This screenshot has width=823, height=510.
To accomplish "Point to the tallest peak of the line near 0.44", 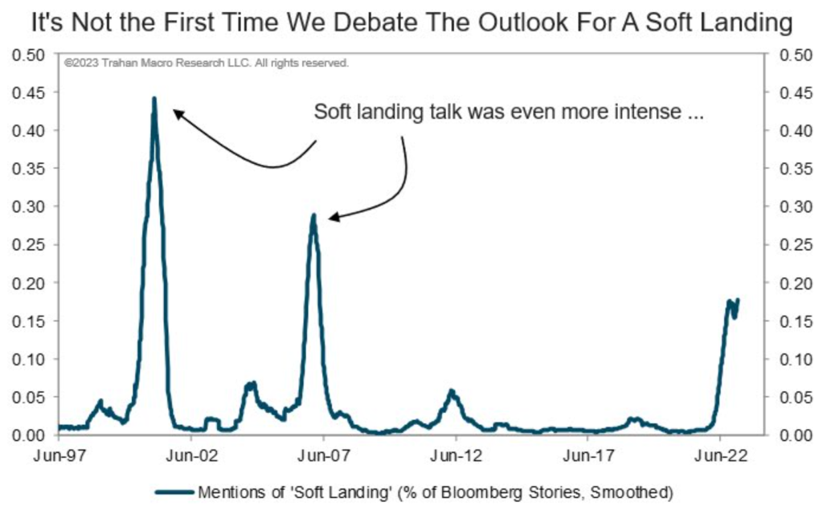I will (x=154, y=99).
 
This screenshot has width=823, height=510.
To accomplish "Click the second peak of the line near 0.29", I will (x=313, y=215).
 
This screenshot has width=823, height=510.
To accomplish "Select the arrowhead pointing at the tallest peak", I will (x=178, y=113).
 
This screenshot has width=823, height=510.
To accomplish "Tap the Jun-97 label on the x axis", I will (x=59, y=455).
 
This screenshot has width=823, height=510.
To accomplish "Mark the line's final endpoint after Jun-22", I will (x=737, y=300).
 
